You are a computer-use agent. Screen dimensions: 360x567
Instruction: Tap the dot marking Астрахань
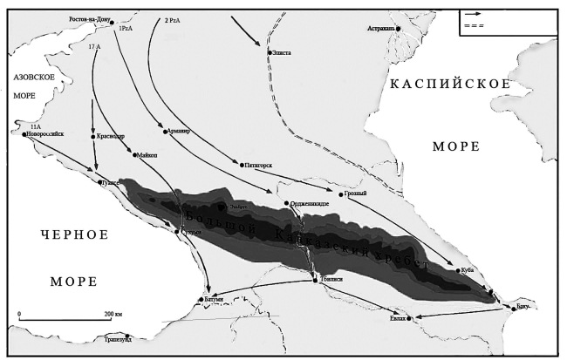[x=399, y=29]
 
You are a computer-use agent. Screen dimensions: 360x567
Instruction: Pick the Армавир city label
[x=178, y=131]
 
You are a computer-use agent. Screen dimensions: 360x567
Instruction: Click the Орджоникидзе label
[x=310, y=203]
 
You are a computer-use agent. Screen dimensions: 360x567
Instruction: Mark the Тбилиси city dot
[x=315, y=279]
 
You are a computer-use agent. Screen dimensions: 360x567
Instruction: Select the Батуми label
[x=215, y=300]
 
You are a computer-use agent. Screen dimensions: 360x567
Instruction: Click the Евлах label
[x=397, y=319]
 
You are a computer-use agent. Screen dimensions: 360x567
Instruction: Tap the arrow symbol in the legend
[x=474, y=14]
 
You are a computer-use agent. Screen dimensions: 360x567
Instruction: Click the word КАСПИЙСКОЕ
[x=448, y=84]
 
